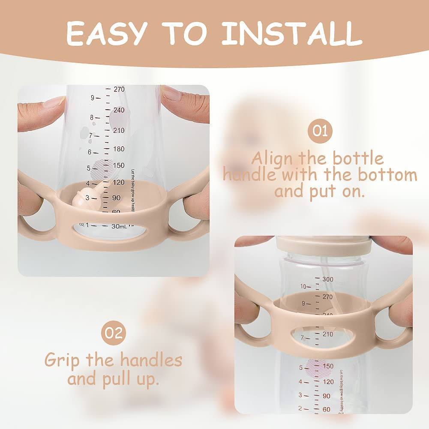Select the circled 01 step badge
(x=320, y=129)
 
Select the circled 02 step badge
(x=114, y=333)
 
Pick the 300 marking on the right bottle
(x=327, y=279)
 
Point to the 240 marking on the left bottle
(x=119, y=110)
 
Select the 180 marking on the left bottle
(x=119, y=149)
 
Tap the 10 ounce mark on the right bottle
(x=303, y=286)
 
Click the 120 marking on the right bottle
(x=328, y=381)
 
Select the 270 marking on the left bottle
(x=119, y=90)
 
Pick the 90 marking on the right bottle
(x=327, y=396)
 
